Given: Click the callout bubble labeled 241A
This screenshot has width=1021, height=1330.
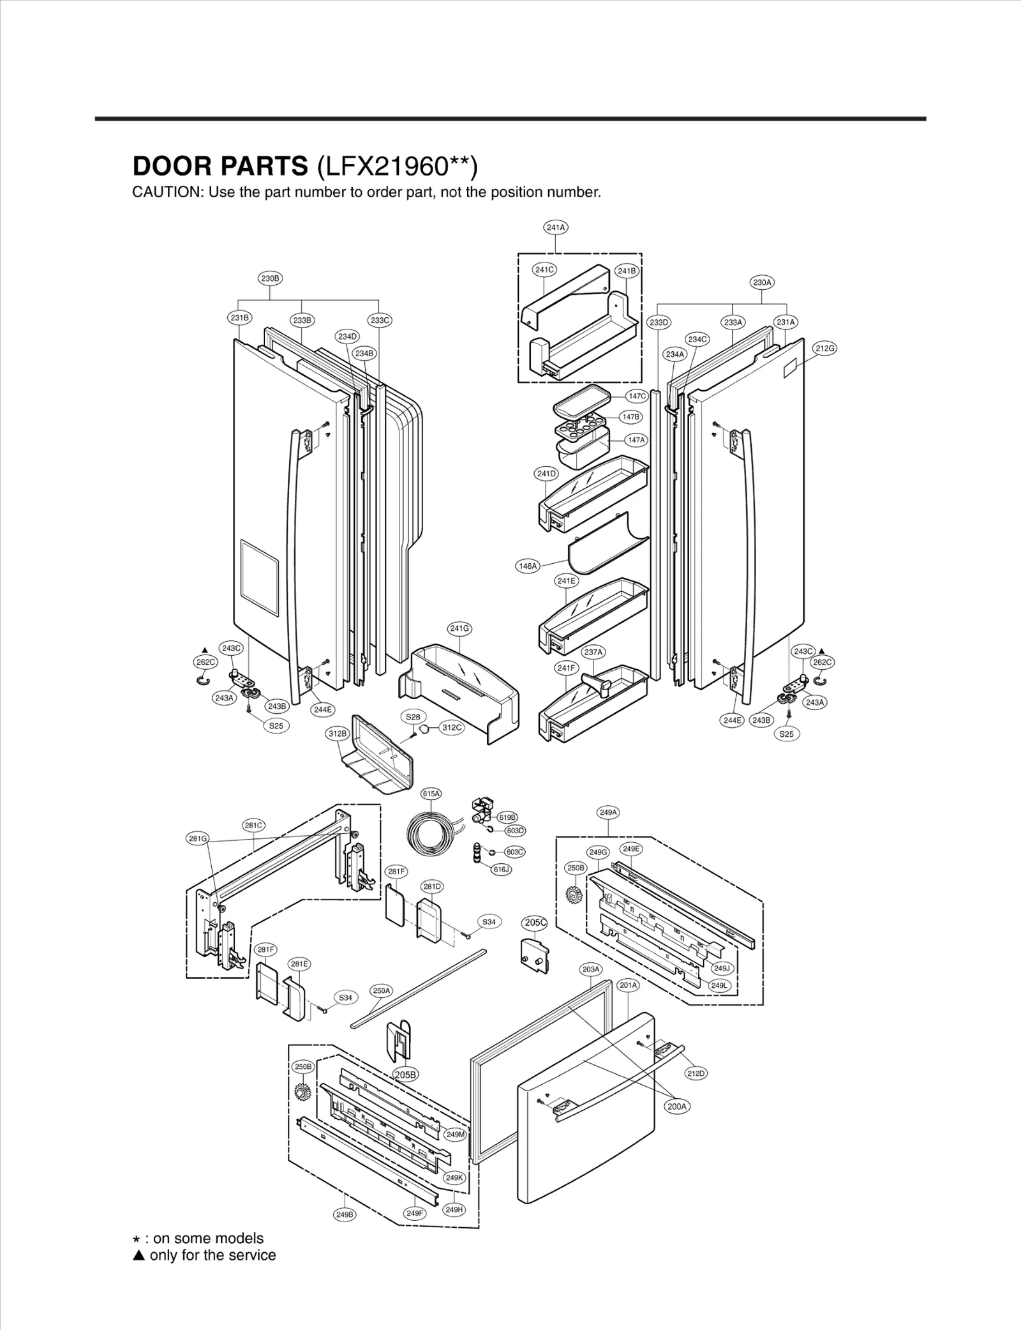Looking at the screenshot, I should [x=556, y=227].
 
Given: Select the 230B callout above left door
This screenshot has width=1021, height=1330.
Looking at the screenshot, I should [x=270, y=278].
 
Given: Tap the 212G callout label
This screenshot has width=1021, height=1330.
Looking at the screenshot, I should [x=824, y=348].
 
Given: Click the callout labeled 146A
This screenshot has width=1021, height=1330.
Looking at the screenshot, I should [x=528, y=566].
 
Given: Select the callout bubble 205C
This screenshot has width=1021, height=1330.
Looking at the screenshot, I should [x=535, y=923].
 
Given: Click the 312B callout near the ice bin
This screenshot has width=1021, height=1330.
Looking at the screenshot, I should [x=338, y=734].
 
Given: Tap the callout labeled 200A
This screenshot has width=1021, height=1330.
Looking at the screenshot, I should [x=676, y=1107].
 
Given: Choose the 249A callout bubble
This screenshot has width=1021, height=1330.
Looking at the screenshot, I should [x=608, y=813].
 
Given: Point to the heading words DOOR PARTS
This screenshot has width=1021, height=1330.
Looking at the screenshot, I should [x=220, y=166].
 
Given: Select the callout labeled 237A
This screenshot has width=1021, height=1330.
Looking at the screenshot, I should [x=593, y=652].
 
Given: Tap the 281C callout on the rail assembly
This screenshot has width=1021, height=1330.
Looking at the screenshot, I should [x=254, y=826].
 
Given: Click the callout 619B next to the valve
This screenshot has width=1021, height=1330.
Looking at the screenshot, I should [x=507, y=817].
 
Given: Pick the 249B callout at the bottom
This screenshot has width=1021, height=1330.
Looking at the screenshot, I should [x=344, y=1214].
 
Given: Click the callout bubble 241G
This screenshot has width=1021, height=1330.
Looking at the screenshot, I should [x=459, y=628].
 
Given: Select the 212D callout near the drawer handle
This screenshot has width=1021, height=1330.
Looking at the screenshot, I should [x=696, y=1073].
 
